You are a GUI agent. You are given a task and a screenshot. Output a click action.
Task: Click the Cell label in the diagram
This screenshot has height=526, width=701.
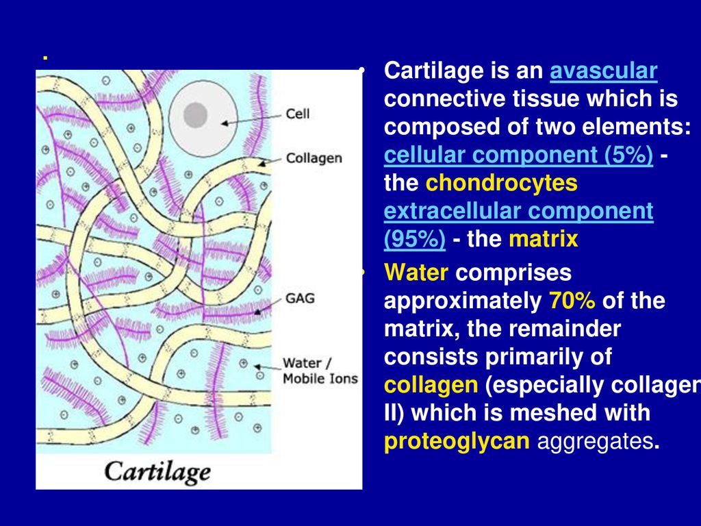click(x=297, y=114)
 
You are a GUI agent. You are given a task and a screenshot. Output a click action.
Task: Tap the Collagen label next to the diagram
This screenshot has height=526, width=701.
click(x=314, y=158)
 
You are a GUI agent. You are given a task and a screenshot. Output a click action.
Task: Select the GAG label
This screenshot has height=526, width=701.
click(x=300, y=298)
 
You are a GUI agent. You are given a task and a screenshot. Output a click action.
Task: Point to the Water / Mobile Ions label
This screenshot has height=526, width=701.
click(x=320, y=371)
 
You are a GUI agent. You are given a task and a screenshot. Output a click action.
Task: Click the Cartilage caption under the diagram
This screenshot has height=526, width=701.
click(x=157, y=472)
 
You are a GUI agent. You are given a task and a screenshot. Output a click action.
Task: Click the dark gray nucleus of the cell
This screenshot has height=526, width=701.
click(x=195, y=115)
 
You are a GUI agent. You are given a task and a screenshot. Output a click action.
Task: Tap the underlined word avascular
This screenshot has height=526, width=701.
click(x=604, y=71)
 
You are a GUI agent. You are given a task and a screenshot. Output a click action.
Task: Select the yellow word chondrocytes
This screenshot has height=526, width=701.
click(x=502, y=183)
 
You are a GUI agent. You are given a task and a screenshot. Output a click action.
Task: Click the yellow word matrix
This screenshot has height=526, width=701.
click(x=544, y=239)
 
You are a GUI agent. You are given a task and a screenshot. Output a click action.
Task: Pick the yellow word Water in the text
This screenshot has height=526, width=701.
click(x=416, y=273)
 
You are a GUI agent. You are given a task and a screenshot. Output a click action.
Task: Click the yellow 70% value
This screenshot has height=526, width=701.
click(x=572, y=301)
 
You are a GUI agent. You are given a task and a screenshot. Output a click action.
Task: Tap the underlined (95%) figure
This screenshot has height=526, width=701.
click(x=414, y=239)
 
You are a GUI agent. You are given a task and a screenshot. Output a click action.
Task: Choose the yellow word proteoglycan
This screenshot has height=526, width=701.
click(x=457, y=441)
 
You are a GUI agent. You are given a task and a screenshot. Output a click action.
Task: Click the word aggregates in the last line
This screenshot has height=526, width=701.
click(x=595, y=441)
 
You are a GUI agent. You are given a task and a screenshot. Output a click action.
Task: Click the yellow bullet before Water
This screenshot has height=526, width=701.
click(x=363, y=273)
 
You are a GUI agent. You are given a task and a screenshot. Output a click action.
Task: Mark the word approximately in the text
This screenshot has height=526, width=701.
click(x=463, y=301)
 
